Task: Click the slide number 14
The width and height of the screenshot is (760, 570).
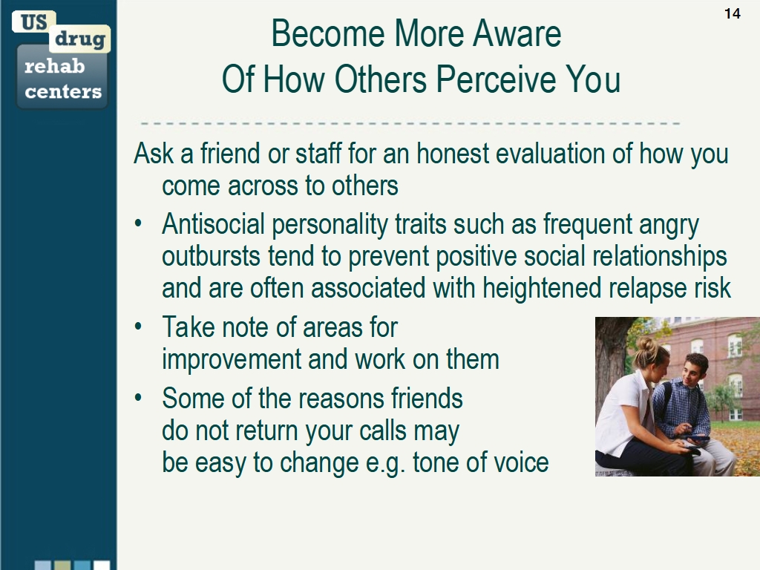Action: (x=732, y=13)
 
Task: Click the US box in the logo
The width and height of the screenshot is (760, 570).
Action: (x=33, y=22)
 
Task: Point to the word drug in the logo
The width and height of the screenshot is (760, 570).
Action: (x=79, y=39)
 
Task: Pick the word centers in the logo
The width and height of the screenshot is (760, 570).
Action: (x=63, y=92)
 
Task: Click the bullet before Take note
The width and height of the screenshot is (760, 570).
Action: (x=139, y=327)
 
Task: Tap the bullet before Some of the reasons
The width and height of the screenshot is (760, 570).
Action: (x=139, y=399)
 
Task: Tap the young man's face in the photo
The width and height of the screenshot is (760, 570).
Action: (x=695, y=371)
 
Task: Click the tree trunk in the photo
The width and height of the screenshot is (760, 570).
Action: (x=610, y=356)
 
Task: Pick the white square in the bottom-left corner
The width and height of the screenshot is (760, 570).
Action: (x=101, y=565)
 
